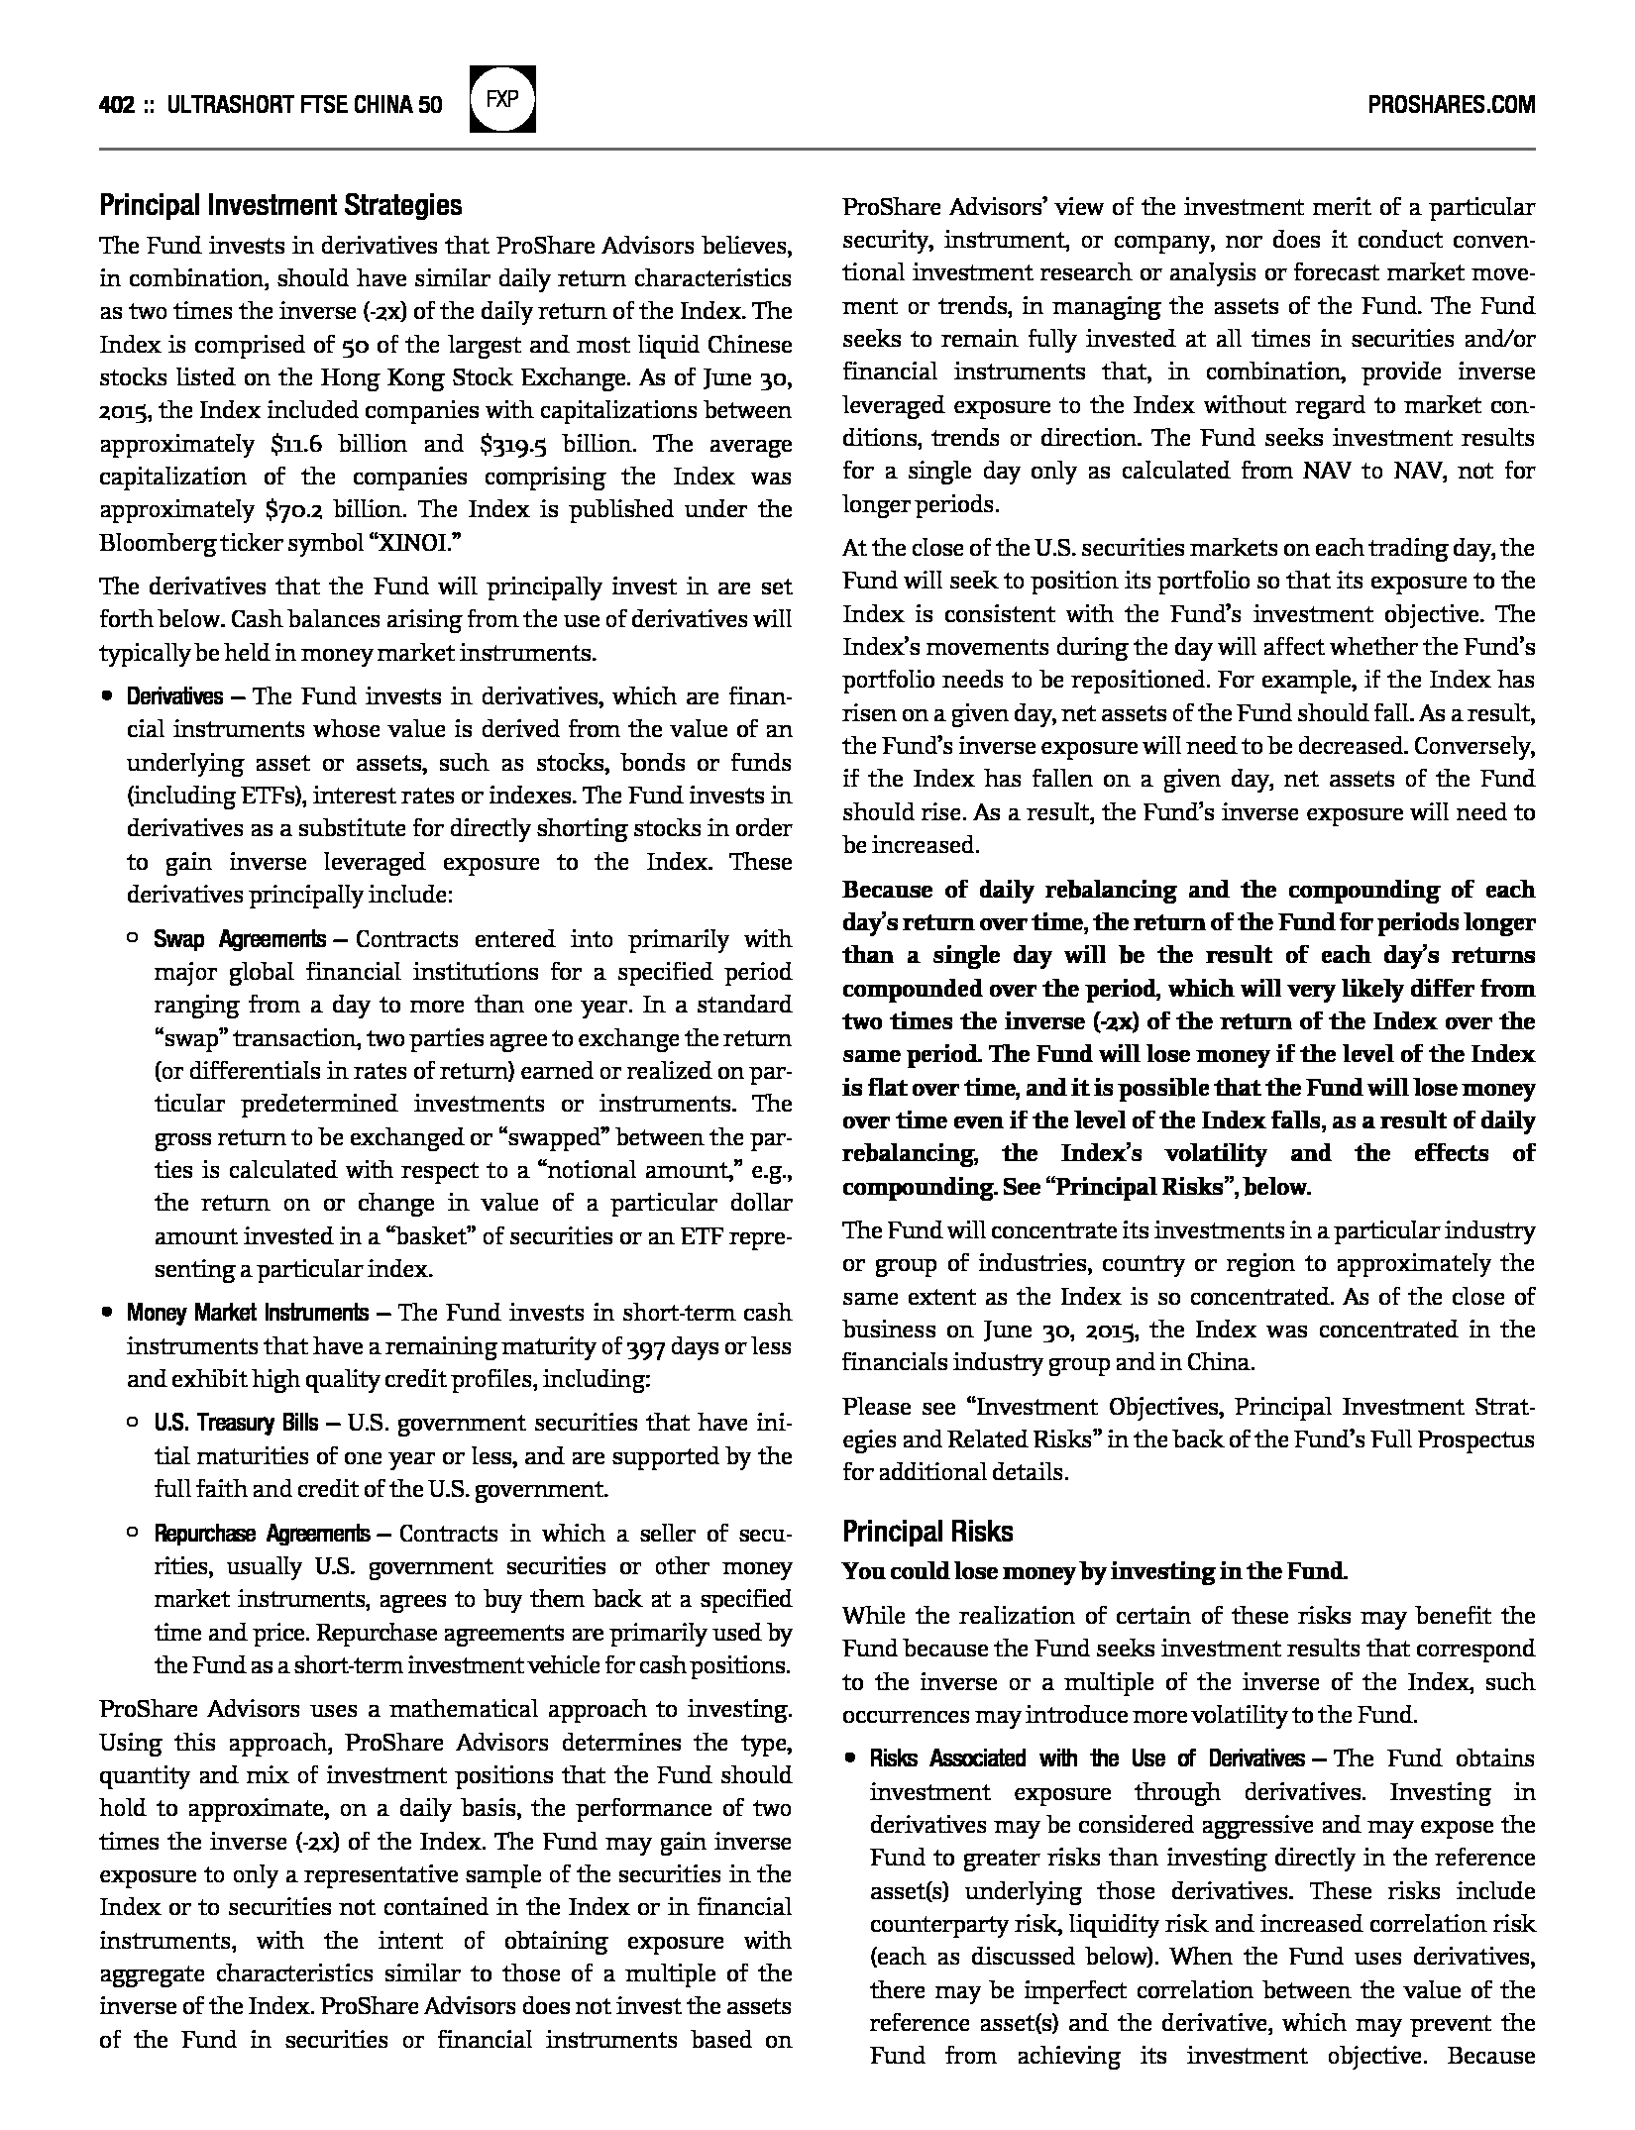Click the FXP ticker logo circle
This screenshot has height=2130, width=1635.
point(502,99)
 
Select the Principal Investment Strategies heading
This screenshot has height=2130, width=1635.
point(280,206)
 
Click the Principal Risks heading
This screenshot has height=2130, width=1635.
point(927,1532)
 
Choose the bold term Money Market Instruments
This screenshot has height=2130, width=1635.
point(247,1314)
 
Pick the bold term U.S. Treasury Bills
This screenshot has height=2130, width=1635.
point(236,1424)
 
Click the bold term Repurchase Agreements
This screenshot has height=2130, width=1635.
point(262,1534)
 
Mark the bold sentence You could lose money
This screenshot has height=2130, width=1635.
point(1095,1571)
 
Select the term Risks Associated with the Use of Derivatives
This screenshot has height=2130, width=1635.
point(1087,1758)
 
